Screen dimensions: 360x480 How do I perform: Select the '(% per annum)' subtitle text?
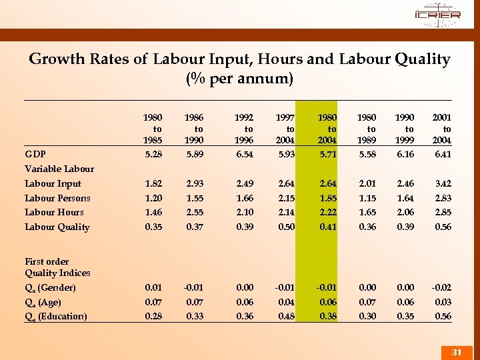tap(239, 79)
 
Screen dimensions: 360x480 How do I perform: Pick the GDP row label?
tap(35, 155)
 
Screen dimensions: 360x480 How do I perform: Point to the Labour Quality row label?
tap(57, 227)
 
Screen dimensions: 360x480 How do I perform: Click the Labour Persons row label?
tap(57, 198)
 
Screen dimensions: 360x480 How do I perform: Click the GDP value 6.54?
tap(245, 155)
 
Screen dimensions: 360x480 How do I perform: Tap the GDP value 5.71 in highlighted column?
tap(327, 155)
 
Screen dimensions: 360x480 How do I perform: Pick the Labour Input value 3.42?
tap(442, 183)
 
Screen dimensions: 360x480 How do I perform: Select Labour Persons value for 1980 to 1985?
tap(153, 198)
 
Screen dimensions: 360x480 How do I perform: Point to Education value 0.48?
tap(286, 316)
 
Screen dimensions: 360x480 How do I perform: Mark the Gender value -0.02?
tap(441, 287)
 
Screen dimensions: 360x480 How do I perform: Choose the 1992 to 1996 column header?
tap(245, 129)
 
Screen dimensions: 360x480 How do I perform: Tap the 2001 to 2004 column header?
tap(442, 129)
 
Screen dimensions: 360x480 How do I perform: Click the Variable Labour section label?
tap(59, 169)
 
